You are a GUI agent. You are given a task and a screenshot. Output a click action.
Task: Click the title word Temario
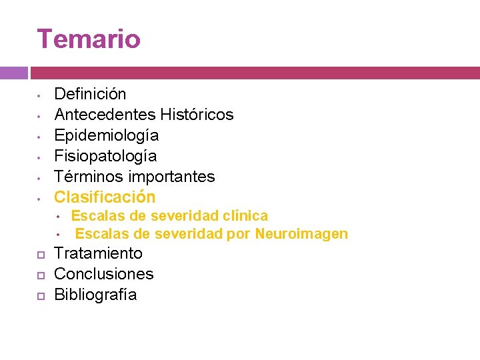[89, 39]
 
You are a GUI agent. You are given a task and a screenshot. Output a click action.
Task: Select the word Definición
[90, 94]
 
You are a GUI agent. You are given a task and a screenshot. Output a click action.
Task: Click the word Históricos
[197, 115]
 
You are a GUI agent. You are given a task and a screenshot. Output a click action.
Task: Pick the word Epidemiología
[106, 135]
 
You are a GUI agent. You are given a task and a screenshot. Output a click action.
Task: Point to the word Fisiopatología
[105, 156]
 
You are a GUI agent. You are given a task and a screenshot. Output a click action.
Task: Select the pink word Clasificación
[105, 197]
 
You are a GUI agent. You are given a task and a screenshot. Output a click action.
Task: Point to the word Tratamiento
[98, 253]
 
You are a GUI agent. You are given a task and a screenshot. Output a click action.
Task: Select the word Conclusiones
[103, 274]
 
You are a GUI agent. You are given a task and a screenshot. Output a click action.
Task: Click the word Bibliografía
[95, 295]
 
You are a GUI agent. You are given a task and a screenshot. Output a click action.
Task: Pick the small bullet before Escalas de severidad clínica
[59, 217]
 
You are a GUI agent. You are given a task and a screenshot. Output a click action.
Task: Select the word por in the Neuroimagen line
[239, 233]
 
